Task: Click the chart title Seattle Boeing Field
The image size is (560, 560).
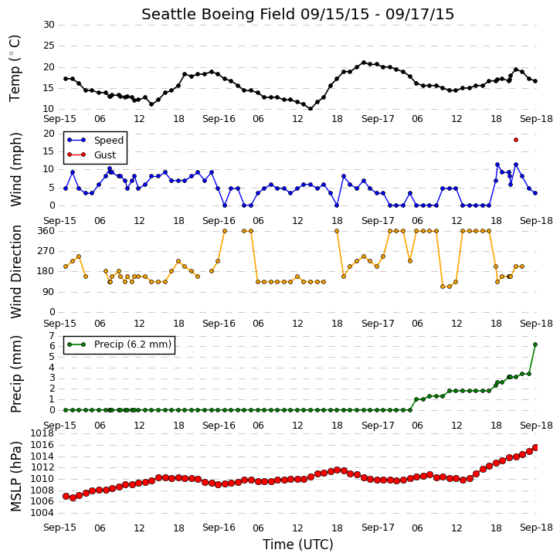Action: click(x=219, y=15)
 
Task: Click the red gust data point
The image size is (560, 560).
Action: click(x=516, y=140)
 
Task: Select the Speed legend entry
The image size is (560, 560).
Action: click(x=95, y=140)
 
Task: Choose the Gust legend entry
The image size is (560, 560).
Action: click(x=91, y=154)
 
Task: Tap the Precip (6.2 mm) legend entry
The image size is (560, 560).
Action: click(x=119, y=344)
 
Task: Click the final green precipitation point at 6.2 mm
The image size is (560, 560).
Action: click(x=535, y=344)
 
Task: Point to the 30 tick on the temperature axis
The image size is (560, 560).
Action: click(x=49, y=25)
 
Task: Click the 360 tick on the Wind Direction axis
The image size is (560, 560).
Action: click(x=46, y=231)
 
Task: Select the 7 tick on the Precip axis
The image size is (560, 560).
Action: click(x=52, y=336)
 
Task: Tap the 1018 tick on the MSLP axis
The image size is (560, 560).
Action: click(x=42, y=433)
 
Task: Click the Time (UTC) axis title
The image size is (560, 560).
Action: click(x=298, y=545)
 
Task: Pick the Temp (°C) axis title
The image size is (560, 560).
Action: click(x=15, y=68)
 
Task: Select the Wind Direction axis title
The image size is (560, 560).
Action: click(x=15, y=272)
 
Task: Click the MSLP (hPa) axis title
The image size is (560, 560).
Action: click(x=15, y=476)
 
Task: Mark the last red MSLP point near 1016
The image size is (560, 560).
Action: click(x=535, y=447)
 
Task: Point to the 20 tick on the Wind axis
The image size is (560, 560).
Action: click(x=49, y=134)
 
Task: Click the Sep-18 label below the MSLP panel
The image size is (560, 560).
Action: click(x=536, y=528)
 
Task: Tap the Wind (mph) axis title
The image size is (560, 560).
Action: click(x=15, y=169)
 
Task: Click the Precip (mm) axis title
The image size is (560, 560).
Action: click(x=15, y=374)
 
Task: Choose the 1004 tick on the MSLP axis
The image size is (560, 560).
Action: click(x=42, y=513)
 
